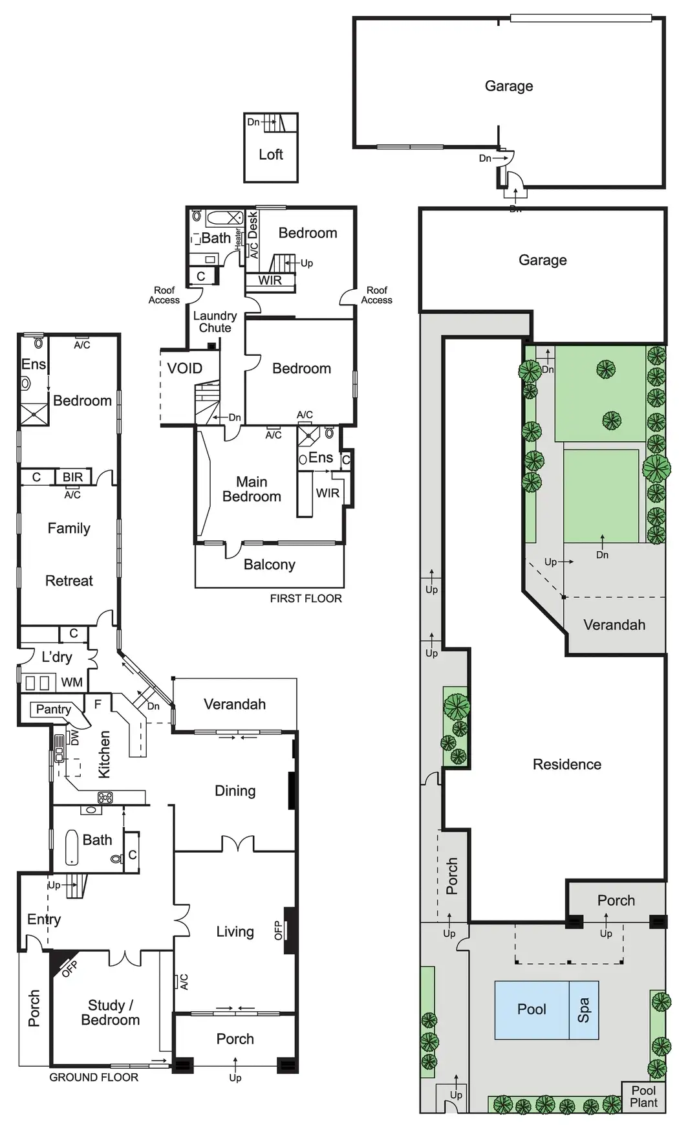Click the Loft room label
coord(270,155)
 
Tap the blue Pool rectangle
coord(532,1009)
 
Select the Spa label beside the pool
coord(583,1009)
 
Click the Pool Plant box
coord(643,1097)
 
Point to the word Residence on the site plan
coord(566,765)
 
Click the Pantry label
coord(53,709)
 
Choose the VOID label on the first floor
coord(184,369)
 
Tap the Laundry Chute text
coord(215,322)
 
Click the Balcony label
coord(269,565)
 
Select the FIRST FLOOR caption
coord(306,598)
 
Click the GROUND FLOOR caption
coord(94,1077)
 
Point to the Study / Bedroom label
coord(111,1012)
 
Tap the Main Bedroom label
coord(252,489)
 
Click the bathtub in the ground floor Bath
coord(72,847)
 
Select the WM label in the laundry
coord(72,683)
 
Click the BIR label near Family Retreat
coord(72,477)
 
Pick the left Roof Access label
coord(164,295)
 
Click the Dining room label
coord(235,791)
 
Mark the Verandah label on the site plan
coord(614,625)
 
